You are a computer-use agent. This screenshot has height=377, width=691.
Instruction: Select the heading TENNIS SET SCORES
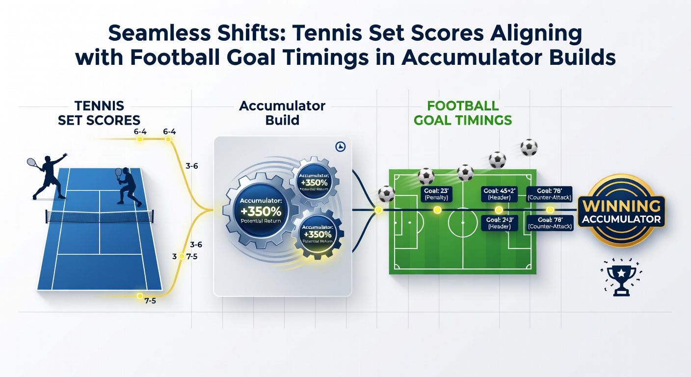[99, 112]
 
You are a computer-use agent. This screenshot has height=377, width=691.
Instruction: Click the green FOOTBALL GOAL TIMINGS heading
[462, 112]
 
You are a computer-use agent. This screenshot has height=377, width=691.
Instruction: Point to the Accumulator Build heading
[282, 112]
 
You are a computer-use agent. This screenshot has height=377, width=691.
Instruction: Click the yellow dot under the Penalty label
[438, 210]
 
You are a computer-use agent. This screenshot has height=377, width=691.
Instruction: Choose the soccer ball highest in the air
[529, 146]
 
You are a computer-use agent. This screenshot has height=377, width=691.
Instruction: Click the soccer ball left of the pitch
[387, 193]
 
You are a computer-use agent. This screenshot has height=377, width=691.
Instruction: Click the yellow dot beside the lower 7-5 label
[140, 296]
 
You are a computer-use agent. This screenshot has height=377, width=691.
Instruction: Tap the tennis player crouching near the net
[127, 187]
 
